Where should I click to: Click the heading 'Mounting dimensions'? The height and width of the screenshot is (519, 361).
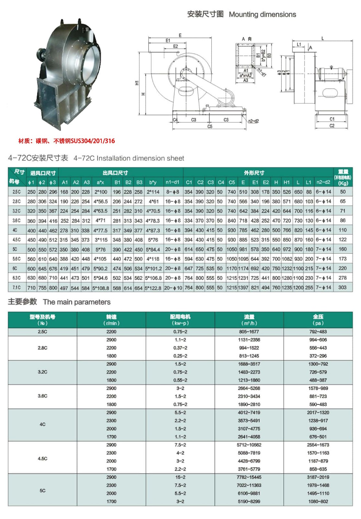pyautogui.click(x=262, y=15)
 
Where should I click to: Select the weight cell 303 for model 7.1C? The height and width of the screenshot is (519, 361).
pyautogui.click(x=343, y=287)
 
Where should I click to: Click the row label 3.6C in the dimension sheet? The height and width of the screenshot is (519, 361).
pyautogui.click(x=17, y=221)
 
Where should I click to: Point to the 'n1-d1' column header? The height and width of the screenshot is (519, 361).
pyautogui.click(x=172, y=182)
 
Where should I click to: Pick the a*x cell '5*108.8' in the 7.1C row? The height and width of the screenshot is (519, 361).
pyautogui.click(x=101, y=288)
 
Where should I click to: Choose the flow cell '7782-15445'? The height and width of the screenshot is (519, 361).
pyautogui.click(x=249, y=477)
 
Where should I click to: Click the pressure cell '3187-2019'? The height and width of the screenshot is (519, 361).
pyautogui.click(x=318, y=477)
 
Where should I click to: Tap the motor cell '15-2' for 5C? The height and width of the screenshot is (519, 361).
pyautogui.click(x=180, y=477)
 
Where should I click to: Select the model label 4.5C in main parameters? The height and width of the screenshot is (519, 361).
pyautogui.click(x=42, y=459)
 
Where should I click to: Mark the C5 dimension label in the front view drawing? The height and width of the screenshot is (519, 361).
pyautogui.click(x=210, y=127)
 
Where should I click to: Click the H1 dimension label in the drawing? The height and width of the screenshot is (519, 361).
pyautogui.click(x=137, y=83)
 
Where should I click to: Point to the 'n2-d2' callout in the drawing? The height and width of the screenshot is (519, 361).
pyautogui.click(x=253, y=121)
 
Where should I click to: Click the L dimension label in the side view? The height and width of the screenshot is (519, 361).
pyautogui.click(x=322, y=38)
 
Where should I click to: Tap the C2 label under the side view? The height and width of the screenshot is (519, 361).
pyautogui.click(x=332, y=126)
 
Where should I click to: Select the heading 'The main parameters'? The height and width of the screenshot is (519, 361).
pyautogui.click(x=77, y=302)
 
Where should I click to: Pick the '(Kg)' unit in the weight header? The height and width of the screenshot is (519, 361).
pyautogui.click(x=343, y=183)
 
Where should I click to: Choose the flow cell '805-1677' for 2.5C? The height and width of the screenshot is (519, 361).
pyautogui.click(x=249, y=332)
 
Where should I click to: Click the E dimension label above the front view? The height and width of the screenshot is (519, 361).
pyautogui.click(x=180, y=35)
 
